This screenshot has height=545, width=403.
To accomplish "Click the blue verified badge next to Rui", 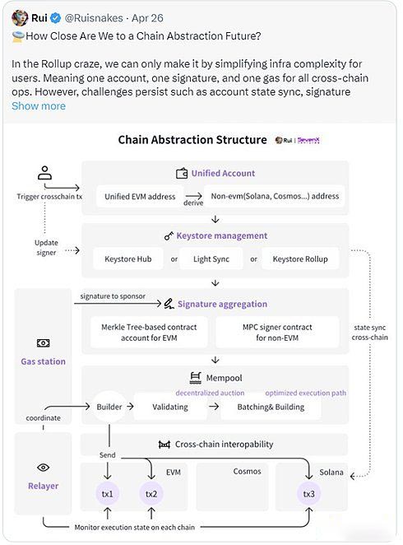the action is (x=55, y=18).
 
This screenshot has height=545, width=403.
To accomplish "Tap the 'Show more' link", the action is (x=39, y=106).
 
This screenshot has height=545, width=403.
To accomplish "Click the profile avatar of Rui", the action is (x=20, y=18).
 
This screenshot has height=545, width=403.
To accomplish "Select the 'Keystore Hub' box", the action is (x=128, y=259).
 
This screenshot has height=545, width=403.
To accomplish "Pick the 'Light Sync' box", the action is (x=211, y=259).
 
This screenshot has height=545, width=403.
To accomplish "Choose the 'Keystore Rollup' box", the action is (x=300, y=259).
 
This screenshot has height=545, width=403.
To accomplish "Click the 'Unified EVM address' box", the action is (x=140, y=197).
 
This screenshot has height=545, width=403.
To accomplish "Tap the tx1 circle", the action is (x=107, y=494).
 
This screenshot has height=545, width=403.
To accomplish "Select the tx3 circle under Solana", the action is (x=308, y=494).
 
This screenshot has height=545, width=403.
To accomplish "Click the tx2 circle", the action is (x=151, y=494).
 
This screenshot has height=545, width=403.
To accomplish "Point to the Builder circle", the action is (x=109, y=407).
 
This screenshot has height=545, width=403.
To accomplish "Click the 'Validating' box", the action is (x=170, y=407).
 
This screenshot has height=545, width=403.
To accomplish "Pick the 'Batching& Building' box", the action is (x=271, y=407).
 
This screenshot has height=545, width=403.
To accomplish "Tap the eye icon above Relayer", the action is (x=43, y=468).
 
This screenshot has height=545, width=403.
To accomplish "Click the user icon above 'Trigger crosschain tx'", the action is (x=44, y=173).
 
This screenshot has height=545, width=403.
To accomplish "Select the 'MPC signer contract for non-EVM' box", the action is (x=277, y=333).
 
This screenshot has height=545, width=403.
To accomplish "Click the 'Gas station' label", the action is (x=43, y=361).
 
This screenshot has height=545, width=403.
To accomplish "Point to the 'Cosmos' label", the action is (x=247, y=471).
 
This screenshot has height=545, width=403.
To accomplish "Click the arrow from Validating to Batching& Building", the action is (x=214, y=407).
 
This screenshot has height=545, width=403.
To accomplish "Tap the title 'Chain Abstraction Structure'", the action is (x=192, y=140).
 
